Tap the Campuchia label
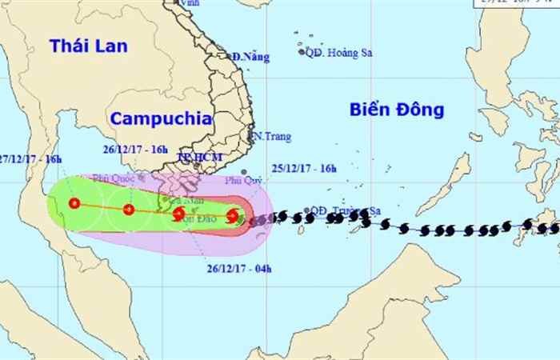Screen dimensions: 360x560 (160, 118)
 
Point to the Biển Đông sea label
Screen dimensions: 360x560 (396, 110)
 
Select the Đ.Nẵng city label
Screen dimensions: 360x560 (250, 57)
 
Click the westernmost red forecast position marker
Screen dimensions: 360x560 (74, 204)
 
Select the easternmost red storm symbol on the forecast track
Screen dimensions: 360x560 (232, 215)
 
